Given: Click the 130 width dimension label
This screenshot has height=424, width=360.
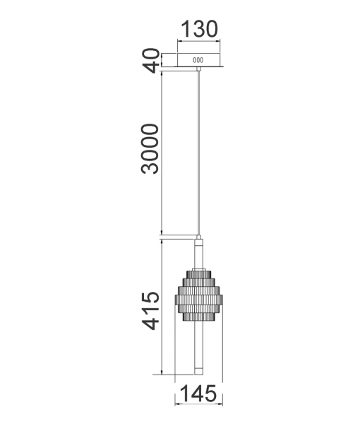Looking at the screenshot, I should pyautogui.click(x=198, y=29).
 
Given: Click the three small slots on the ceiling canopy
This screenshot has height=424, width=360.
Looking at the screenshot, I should pyautogui.click(x=198, y=60).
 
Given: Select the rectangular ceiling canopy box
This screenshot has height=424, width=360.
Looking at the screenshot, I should pyautogui.click(x=198, y=59).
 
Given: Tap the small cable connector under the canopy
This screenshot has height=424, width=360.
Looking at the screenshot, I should pyautogui.click(x=198, y=69).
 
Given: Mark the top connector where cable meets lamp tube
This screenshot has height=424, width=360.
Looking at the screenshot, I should pyautogui.click(x=198, y=238).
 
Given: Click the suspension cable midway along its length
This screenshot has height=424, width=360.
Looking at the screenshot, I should pyautogui.click(x=198, y=152).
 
